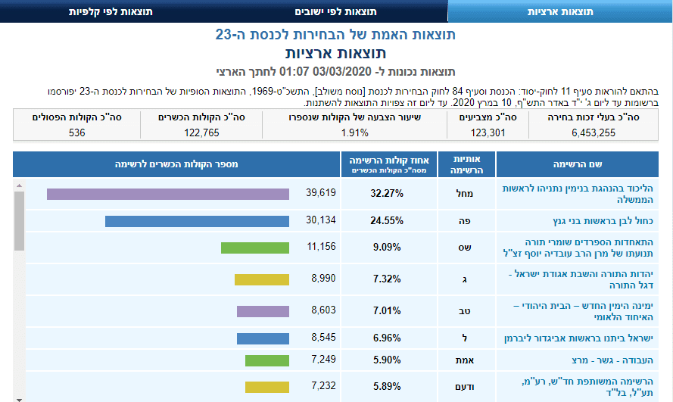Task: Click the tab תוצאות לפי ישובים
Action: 336,12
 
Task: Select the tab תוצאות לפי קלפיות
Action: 112,12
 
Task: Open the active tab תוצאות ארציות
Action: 559,12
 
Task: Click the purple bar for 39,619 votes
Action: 168,194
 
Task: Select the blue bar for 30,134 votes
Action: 197,221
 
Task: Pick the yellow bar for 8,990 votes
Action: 262,279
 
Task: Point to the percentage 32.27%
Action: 387,194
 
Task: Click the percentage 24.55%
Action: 387,221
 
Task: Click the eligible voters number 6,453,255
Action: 594,132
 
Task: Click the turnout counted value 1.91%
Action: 354,132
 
